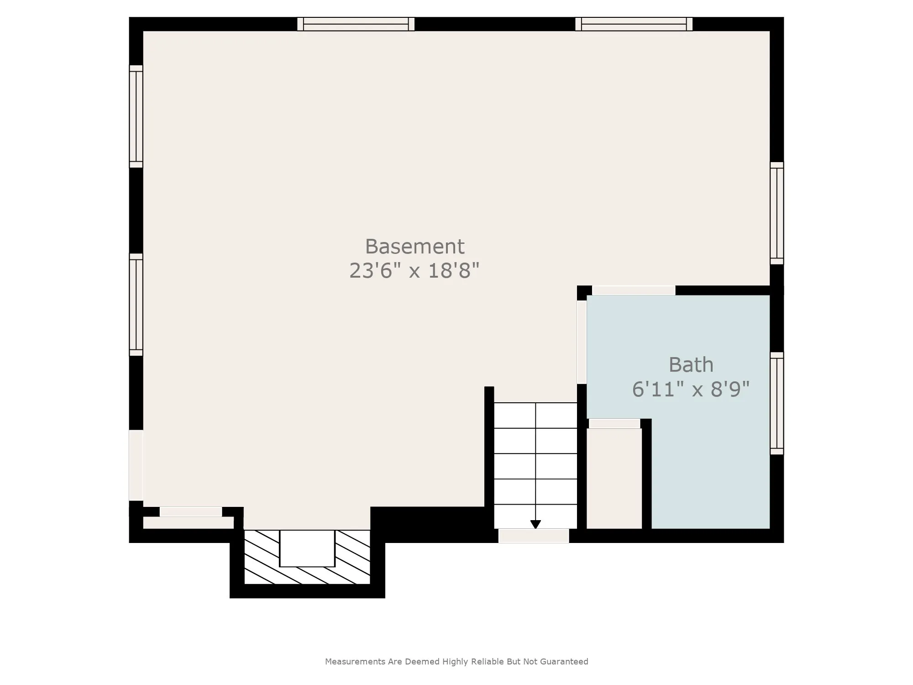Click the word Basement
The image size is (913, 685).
415,247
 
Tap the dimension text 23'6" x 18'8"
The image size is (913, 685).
414,270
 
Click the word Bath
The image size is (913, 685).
691,365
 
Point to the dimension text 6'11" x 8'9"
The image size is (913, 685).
691,390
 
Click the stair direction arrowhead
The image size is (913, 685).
535,525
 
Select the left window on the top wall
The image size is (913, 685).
356,24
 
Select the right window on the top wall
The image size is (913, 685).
634,24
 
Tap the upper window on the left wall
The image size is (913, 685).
136,116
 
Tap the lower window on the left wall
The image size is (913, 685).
136,305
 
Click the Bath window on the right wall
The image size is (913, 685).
777,403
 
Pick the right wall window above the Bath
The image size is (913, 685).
777,213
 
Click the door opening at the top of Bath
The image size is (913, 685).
634,290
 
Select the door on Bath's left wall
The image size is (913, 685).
582,342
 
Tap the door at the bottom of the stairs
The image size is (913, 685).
534,536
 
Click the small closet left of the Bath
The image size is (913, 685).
614,478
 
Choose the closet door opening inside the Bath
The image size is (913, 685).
614,424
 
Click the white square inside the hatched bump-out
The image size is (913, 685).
307,548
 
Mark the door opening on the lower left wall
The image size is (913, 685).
136,465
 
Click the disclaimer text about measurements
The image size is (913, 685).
456,661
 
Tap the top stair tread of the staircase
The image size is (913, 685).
535,416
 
